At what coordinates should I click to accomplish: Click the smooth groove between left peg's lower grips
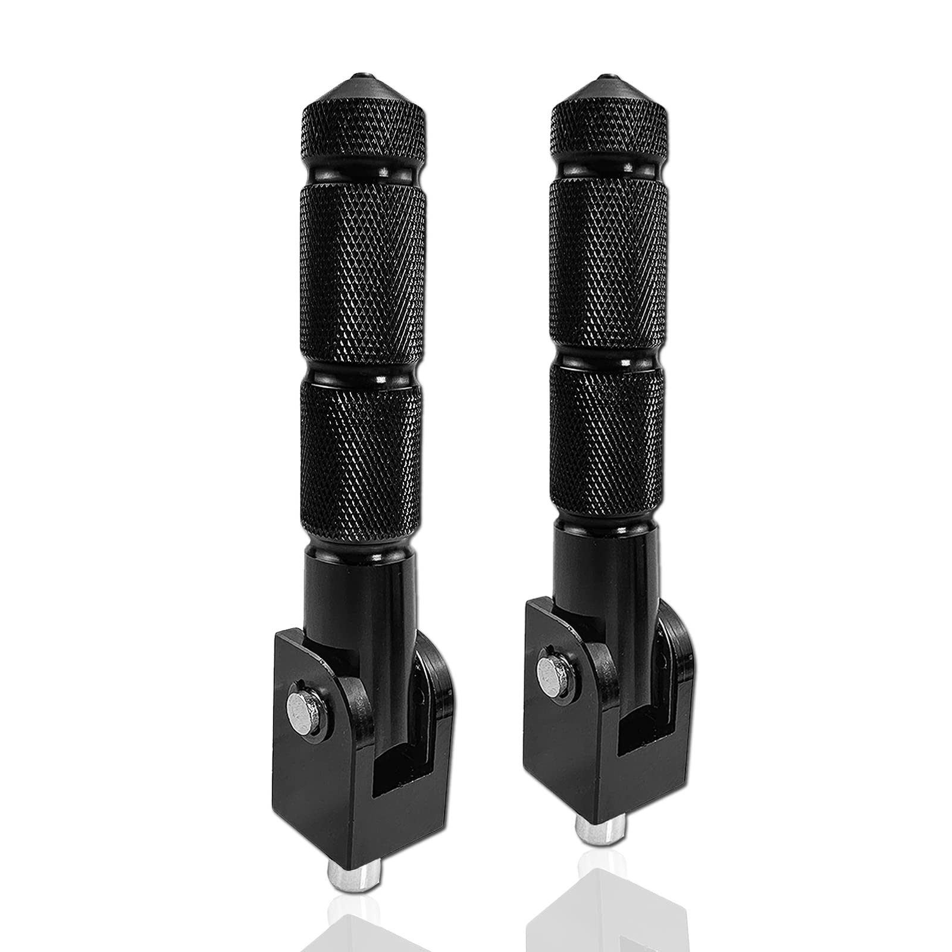(x=364, y=369)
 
